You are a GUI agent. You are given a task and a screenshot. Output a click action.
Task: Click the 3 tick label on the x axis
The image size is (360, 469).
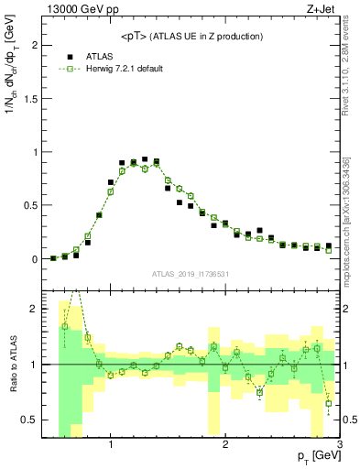338,445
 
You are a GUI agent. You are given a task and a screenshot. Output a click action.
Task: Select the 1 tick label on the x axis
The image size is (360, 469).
111,445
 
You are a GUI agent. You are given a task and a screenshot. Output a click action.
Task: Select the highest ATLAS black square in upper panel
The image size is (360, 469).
145,159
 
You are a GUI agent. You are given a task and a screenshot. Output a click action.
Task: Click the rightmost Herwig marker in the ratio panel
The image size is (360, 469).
329,403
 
